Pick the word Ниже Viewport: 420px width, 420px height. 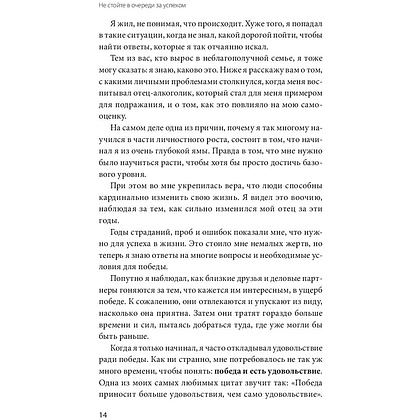pyautogui.click(x=257, y=94)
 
